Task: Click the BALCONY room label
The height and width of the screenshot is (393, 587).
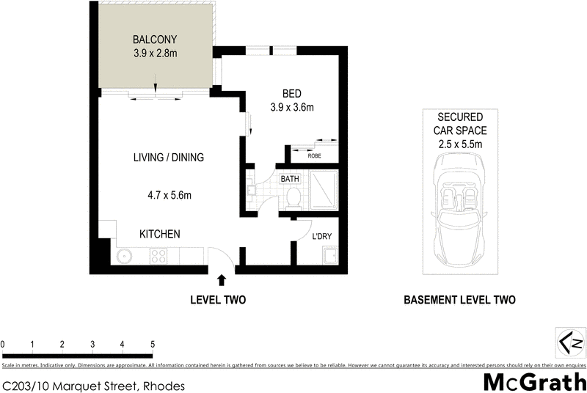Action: (x=155, y=39)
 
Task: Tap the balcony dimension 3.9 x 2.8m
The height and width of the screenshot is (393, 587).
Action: (x=155, y=53)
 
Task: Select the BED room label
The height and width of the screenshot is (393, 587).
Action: (x=291, y=93)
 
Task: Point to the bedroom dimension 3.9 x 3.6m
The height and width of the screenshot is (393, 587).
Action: (x=291, y=108)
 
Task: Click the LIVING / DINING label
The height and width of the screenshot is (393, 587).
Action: (x=168, y=158)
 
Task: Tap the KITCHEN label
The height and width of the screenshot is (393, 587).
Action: (x=160, y=234)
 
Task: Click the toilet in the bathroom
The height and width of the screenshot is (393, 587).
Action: (x=293, y=196)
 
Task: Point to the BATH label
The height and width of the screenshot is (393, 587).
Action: (x=289, y=178)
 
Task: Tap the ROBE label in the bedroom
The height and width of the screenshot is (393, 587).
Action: (x=314, y=155)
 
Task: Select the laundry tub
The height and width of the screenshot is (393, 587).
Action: (x=329, y=257)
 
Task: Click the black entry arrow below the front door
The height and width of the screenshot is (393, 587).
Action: (x=222, y=279)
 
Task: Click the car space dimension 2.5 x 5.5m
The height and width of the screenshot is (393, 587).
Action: (x=460, y=144)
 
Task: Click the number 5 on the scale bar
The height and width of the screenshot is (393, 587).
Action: (x=152, y=344)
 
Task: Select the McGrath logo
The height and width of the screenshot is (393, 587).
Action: (x=533, y=381)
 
